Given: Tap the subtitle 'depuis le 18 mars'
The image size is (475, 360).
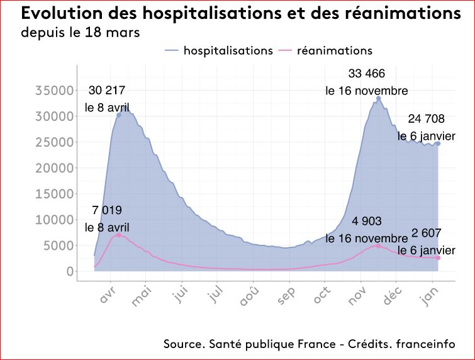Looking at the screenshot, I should (x=80, y=31).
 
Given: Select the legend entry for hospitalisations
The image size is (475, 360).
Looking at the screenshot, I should (x=218, y=50).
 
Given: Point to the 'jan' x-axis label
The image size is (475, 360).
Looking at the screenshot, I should (x=432, y=296).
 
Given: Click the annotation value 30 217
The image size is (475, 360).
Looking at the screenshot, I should (x=108, y=92).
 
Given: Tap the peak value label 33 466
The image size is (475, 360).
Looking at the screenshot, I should (x=367, y=74).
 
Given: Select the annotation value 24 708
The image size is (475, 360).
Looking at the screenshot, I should (x=426, y=118).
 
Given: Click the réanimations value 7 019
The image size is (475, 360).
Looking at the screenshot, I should (x=108, y=210).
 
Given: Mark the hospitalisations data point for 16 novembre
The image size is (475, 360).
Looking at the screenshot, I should (x=378, y=98).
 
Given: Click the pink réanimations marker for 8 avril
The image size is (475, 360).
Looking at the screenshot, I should (x=118, y=235).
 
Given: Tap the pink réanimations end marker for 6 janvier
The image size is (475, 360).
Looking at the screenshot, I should (x=438, y=258).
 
